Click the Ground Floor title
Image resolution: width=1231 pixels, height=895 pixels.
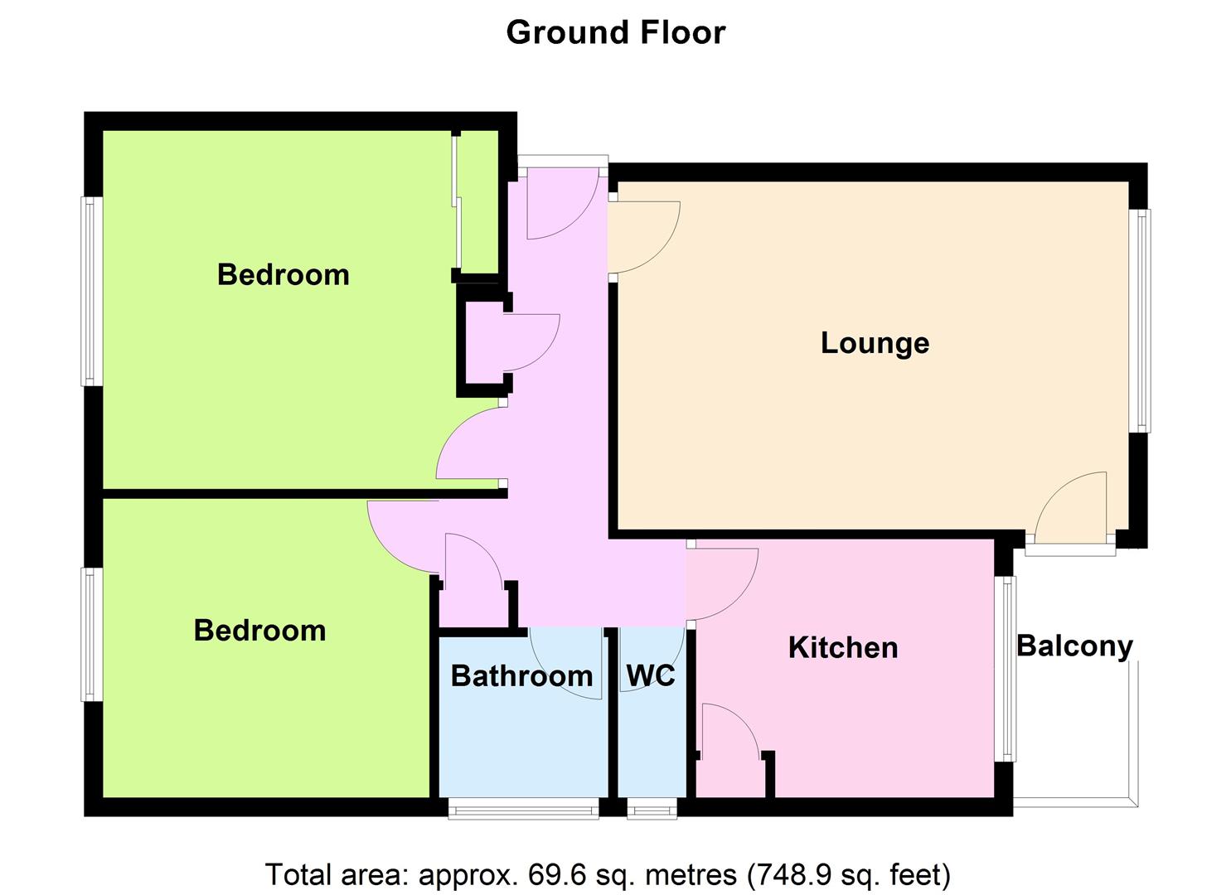click(615, 33)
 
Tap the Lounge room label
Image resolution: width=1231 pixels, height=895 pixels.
click(875, 343)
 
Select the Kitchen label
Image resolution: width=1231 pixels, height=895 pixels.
click(843, 648)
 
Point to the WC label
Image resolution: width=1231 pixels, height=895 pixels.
click(651, 675)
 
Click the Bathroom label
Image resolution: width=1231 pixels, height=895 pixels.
click(521, 675)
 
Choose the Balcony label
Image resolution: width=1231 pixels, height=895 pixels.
click(1074, 646)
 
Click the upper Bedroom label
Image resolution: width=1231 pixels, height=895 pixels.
click(283, 274)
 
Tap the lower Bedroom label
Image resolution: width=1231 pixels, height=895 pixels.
click(259, 630)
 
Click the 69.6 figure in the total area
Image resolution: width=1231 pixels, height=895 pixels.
click(557, 874)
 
